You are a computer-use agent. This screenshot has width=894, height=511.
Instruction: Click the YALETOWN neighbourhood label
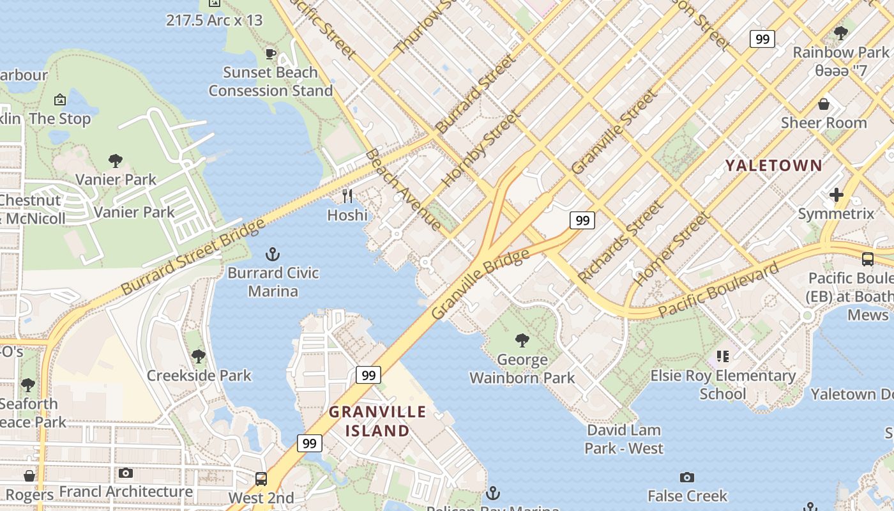tap(773, 165)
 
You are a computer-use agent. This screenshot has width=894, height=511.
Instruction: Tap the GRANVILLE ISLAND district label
tap(377, 421)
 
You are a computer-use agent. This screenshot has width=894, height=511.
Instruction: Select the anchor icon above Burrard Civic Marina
tap(273, 254)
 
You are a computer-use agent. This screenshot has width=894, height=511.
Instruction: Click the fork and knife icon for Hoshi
tap(347, 196)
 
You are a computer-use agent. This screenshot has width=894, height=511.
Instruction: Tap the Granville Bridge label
tap(480, 284)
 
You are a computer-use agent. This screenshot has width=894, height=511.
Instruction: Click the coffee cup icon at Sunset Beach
tap(270, 54)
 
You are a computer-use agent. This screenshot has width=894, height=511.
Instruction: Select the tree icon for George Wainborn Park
tap(522, 340)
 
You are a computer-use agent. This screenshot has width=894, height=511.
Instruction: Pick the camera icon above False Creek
tap(687, 477)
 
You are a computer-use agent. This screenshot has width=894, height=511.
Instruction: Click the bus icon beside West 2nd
tap(261, 478)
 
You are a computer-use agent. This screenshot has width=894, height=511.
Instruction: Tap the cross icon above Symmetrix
tap(836, 195)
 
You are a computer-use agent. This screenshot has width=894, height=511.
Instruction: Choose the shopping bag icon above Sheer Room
tap(824, 103)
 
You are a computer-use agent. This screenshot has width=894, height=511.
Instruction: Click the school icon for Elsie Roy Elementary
tap(722, 356)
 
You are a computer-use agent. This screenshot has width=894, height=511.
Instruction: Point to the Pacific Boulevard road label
tap(718, 290)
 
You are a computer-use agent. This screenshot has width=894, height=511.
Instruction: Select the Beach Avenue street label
tap(403, 190)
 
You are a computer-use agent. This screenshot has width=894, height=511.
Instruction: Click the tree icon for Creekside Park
tap(199, 356)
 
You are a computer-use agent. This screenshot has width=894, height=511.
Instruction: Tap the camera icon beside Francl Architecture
tap(126, 473)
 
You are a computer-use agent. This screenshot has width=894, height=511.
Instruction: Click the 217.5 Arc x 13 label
tap(214, 20)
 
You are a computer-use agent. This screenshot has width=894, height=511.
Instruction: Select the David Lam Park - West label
tap(624, 439)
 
